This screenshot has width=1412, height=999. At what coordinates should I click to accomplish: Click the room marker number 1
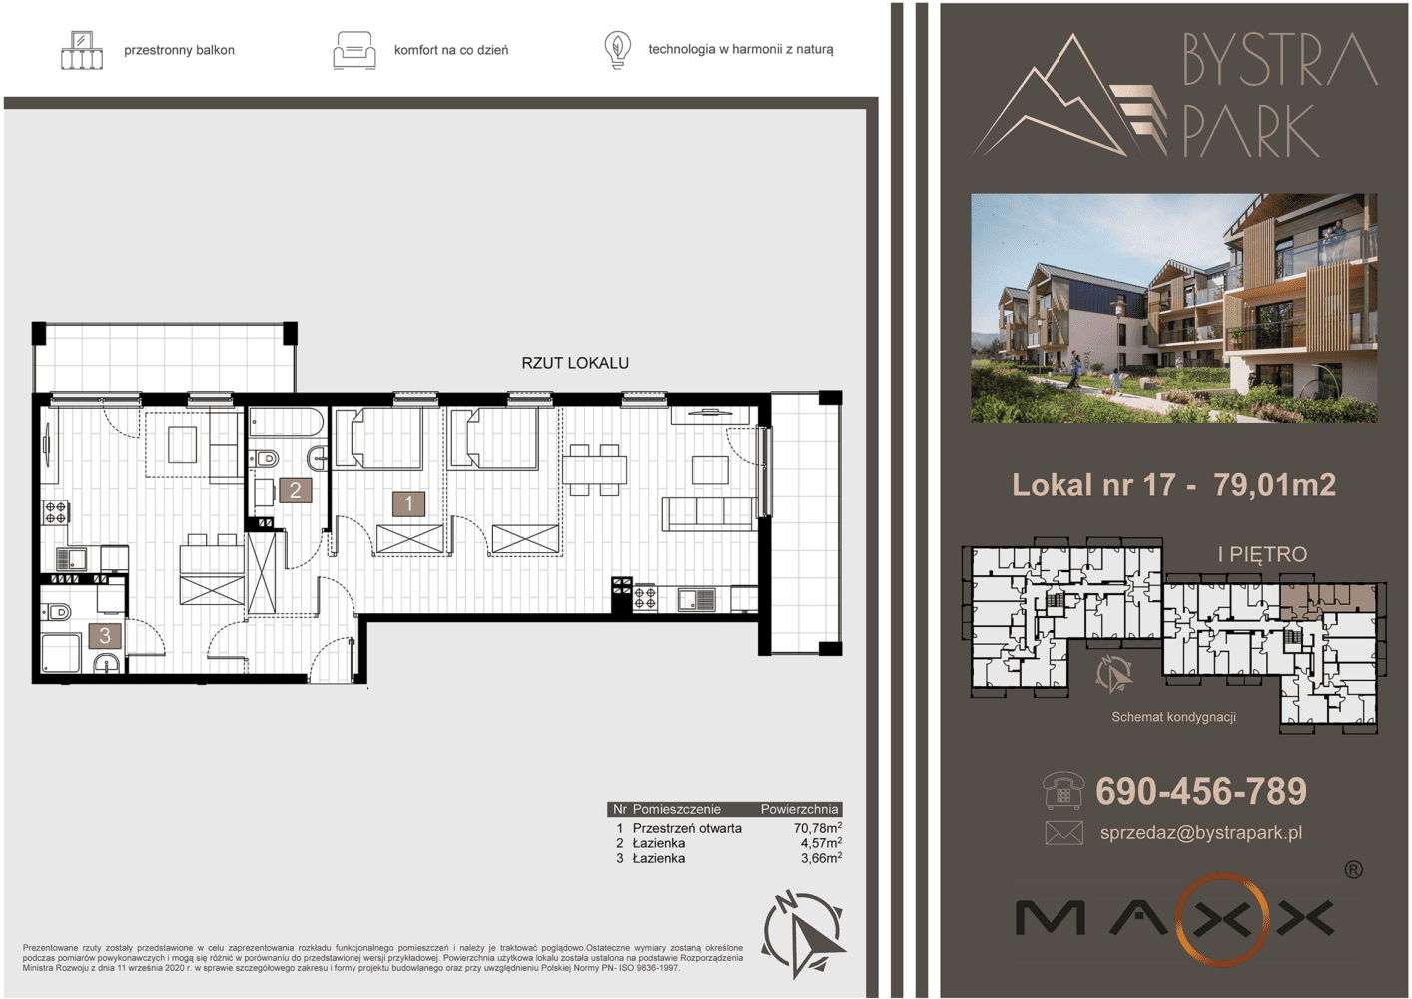coord(408,503)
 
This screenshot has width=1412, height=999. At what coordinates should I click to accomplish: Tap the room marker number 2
coord(295,491)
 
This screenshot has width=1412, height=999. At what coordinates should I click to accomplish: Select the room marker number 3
coord(105,635)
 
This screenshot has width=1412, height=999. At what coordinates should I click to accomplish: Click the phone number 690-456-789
coord(1201,791)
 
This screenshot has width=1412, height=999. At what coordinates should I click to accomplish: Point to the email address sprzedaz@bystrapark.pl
coord(1201,832)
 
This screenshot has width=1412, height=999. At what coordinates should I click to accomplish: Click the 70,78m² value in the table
coord(818,827)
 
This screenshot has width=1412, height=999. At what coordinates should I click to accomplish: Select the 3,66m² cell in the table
coord(822,858)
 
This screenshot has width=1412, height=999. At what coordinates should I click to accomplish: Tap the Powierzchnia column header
coord(799,809)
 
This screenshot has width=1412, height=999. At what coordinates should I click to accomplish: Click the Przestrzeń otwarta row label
coord(687,828)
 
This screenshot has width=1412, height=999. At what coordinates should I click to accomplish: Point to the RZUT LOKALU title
coord(575,363)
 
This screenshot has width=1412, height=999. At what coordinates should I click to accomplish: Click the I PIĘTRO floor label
coord(1262,554)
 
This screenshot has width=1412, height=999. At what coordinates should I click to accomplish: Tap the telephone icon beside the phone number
coord(1063,791)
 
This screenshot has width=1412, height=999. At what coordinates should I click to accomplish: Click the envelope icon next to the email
coord(1064,832)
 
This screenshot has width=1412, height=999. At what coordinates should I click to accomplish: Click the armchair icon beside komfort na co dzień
coord(354,51)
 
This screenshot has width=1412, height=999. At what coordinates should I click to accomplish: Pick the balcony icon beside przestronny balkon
coord(82,50)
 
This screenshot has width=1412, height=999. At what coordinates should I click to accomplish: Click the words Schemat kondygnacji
coord(1173,717)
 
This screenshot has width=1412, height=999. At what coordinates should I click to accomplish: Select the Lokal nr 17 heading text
coord(1093,485)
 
